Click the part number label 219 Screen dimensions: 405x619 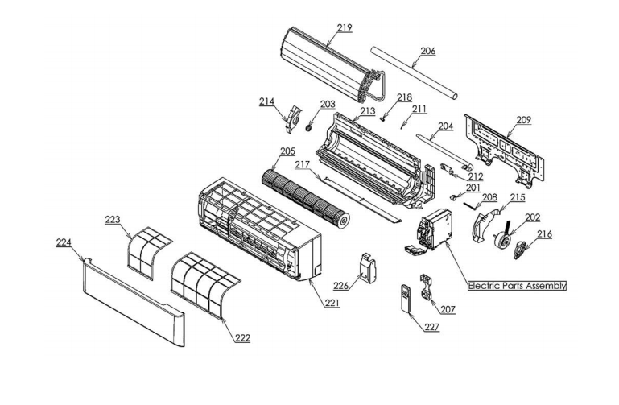[345, 27]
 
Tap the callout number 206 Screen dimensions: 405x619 [427, 50]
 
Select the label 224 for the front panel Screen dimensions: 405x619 [64, 242]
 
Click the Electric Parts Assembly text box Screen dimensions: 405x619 [517, 286]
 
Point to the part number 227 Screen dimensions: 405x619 [432, 327]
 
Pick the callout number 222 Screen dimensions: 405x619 [242, 337]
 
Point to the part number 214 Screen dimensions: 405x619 [266, 101]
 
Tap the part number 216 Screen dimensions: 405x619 [545, 234]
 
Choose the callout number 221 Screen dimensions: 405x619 [332, 304]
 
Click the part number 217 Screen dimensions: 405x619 [302, 165]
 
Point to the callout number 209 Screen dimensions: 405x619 [523, 120]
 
